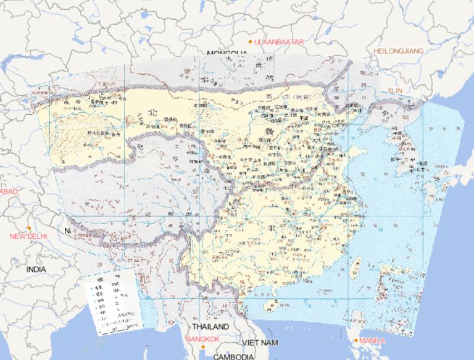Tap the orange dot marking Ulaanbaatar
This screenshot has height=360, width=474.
(250, 41)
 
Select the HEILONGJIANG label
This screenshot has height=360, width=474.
(399, 51)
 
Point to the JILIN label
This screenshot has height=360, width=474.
(395, 90)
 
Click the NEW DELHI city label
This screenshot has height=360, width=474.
(28, 237)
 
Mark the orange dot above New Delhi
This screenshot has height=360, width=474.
(28, 228)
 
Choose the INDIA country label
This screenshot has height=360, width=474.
(36, 270)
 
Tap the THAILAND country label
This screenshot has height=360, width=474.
(210, 326)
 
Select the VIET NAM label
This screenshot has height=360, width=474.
(260, 342)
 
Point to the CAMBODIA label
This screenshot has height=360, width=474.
(234, 356)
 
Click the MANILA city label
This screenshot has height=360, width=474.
(372, 340)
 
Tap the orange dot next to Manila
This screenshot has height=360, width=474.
(356, 340)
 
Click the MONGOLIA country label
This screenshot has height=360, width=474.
(227, 54)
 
